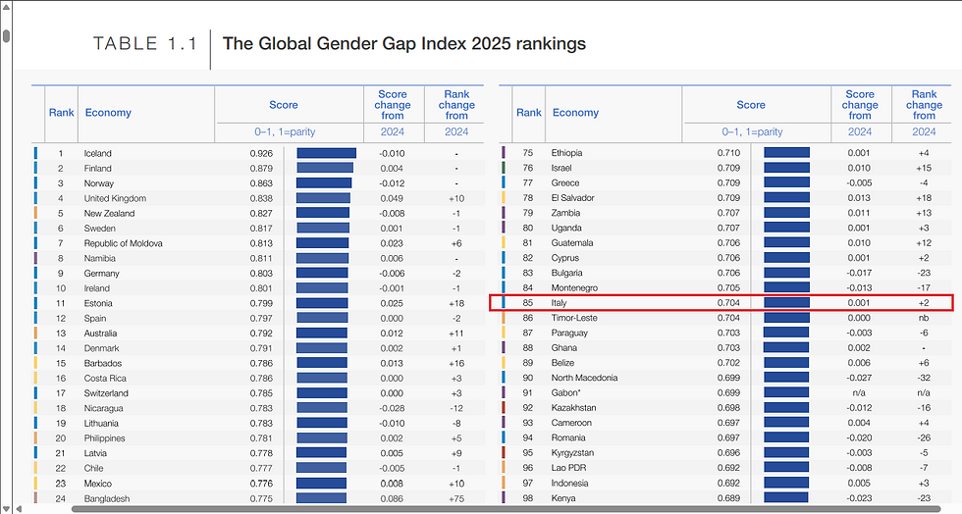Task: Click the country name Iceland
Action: (x=98, y=153)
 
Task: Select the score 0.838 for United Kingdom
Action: (x=260, y=198)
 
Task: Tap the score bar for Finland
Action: (x=325, y=168)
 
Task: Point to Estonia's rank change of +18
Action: (x=456, y=303)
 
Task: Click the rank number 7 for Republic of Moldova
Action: (x=60, y=243)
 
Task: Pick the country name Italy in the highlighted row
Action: (x=559, y=303)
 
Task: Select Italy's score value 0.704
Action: (x=727, y=303)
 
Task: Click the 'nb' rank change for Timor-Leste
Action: (x=924, y=318)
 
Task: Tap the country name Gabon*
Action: (x=566, y=392)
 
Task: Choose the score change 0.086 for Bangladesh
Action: (x=393, y=498)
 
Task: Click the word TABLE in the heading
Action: (x=126, y=43)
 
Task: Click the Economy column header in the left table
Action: (x=108, y=113)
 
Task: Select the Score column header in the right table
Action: (x=751, y=105)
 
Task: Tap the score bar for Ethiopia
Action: (x=786, y=153)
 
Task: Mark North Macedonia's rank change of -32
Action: (x=924, y=378)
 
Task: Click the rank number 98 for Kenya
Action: (x=528, y=498)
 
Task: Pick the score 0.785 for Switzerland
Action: (x=260, y=393)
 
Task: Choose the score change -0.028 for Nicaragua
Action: (x=392, y=408)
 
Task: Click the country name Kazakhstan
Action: (x=573, y=407)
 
